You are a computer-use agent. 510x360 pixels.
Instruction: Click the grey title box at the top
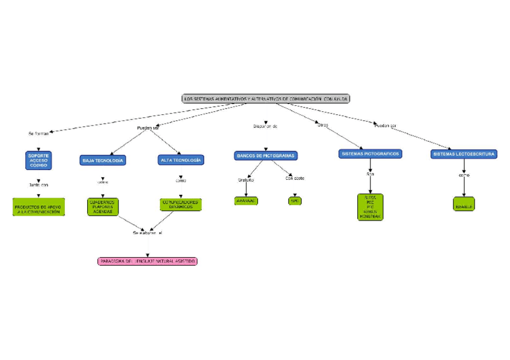265,99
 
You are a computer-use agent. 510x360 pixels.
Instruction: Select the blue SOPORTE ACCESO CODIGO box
38,159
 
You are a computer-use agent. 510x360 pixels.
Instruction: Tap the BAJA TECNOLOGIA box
103,160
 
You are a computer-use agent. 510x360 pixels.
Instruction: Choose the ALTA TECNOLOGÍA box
181,160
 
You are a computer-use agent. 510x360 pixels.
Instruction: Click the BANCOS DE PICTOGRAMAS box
266,156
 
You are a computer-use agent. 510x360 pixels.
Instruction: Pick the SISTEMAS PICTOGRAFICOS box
370,154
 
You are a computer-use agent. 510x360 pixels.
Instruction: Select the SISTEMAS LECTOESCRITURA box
464,154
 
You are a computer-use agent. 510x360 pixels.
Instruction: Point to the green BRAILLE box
464,204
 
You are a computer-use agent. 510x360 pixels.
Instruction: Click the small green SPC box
295,201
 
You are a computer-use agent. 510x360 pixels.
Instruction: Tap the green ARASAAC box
246,201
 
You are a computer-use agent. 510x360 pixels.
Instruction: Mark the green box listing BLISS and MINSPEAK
370,207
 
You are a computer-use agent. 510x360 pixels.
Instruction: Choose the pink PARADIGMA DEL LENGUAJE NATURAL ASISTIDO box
147,261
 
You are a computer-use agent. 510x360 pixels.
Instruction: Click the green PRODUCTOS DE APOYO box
38,207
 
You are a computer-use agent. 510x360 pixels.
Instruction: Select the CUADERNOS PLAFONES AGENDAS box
103,206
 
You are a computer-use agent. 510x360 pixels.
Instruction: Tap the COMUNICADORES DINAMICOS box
180,204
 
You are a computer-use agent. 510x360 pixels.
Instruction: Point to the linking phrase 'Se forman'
38,133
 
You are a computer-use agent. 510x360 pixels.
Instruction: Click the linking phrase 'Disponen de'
265,126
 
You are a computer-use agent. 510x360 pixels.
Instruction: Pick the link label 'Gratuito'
246,180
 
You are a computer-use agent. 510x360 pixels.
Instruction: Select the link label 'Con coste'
295,178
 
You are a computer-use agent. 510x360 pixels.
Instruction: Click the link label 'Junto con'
38,185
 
